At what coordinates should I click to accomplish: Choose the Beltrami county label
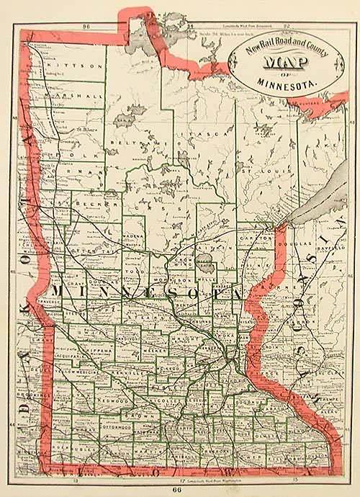pyautogui.click(x=137, y=143)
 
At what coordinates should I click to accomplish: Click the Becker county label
pyautogui.click(x=90, y=204)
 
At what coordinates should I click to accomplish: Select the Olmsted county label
pyautogui.click(x=266, y=436)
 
